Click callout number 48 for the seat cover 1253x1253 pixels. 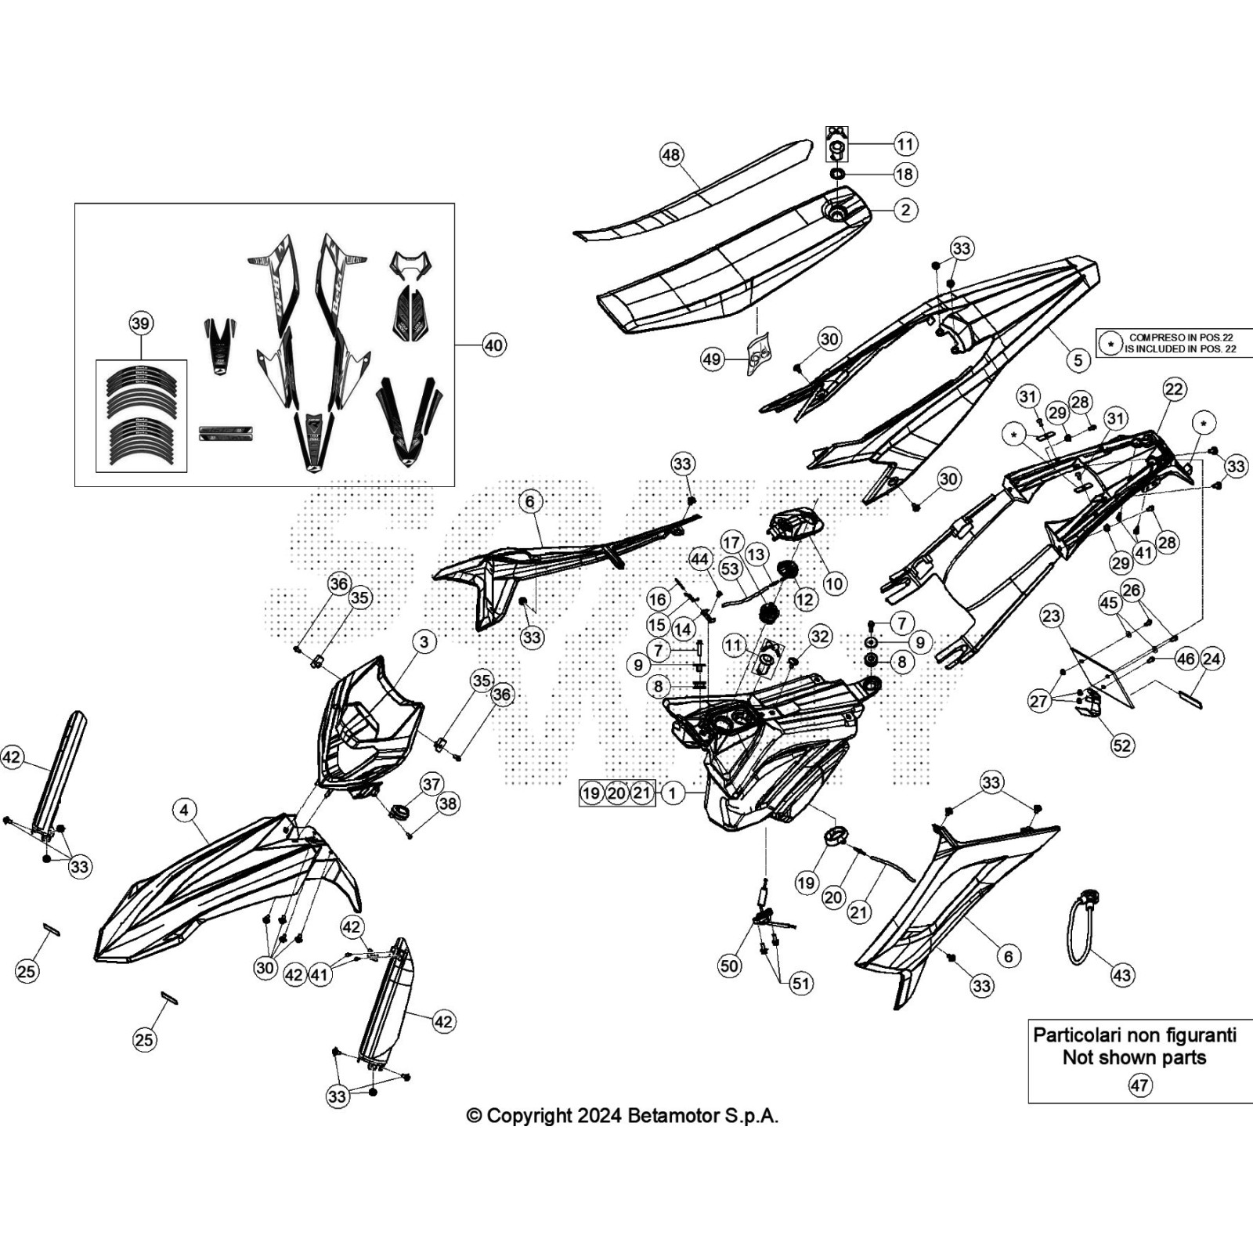tap(671, 154)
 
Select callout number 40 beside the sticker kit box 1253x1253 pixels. tap(494, 345)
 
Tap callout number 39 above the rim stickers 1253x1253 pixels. tap(141, 323)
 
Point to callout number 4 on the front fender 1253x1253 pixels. tap(184, 810)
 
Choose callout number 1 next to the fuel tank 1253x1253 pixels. tap(673, 793)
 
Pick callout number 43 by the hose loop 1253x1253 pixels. tap(1122, 975)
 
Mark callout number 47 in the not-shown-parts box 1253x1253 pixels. tap(1139, 1085)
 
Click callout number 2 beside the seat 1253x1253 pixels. tap(906, 210)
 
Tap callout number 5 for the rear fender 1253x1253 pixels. tap(1078, 359)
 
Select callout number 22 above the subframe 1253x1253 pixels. tap(1174, 388)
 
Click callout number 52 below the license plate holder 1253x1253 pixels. tap(1122, 744)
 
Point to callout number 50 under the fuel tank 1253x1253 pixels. tap(729, 966)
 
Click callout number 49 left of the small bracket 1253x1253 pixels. tap(712, 359)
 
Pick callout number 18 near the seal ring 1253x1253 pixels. tap(905, 174)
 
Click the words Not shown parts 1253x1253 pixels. tap(1134, 1057)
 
